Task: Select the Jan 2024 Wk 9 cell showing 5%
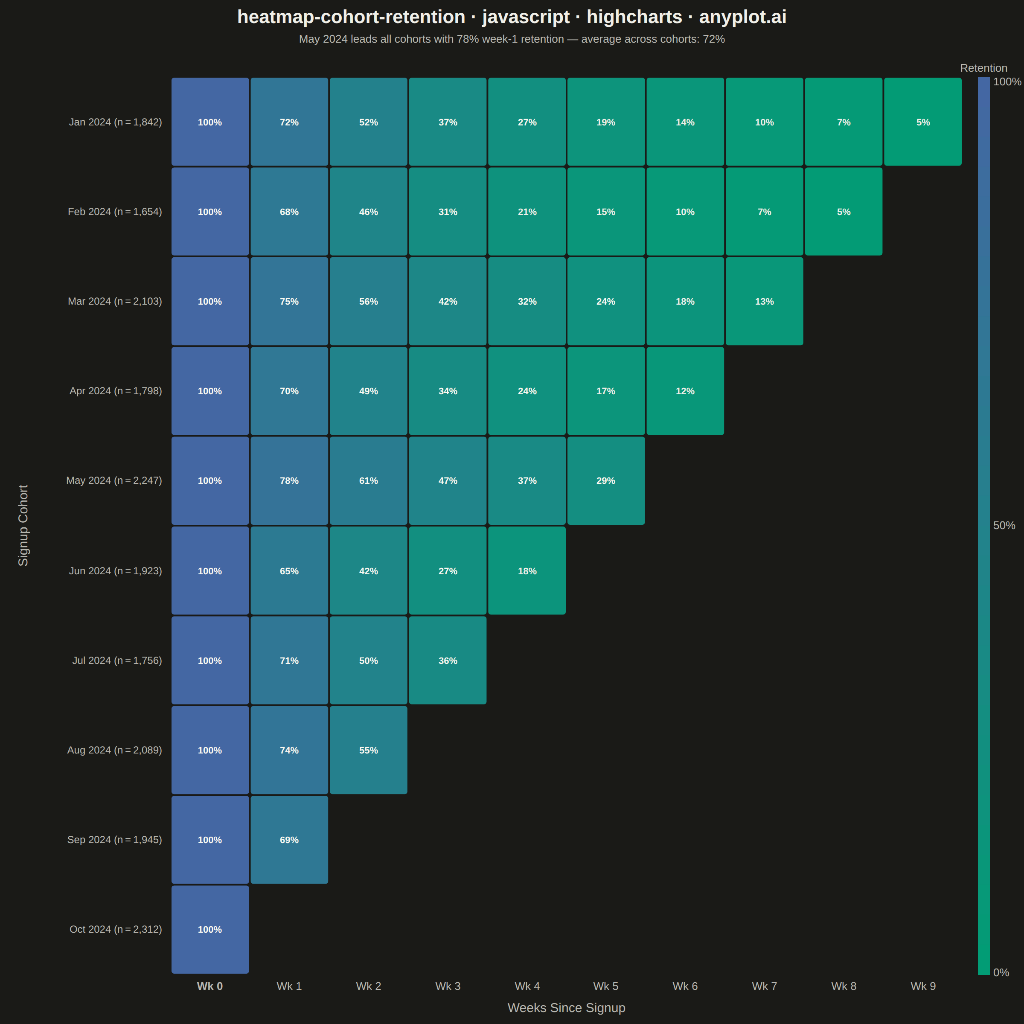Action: coord(923,122)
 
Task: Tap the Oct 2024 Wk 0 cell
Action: coord(210,929)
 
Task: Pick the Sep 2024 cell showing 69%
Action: coord(289,840)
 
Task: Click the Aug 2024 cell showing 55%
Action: coord(368,750)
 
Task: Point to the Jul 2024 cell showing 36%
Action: coord(448,660)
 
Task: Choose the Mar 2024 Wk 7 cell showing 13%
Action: coord(764,301)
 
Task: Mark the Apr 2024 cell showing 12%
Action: coord(685,391)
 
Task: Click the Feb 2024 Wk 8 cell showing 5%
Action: coord(844,212)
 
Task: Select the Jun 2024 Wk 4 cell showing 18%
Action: coord(527,571)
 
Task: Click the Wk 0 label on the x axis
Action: coord(210,986)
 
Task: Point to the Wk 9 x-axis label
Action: coord(923,986)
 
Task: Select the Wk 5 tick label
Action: coord(606,986)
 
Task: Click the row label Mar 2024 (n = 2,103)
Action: coord(115,301)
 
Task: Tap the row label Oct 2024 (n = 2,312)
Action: coord(116,929)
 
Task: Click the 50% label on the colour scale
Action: coord(1004,525)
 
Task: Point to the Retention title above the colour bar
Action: coord(983,68)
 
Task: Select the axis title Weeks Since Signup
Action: coord(566,1007)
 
